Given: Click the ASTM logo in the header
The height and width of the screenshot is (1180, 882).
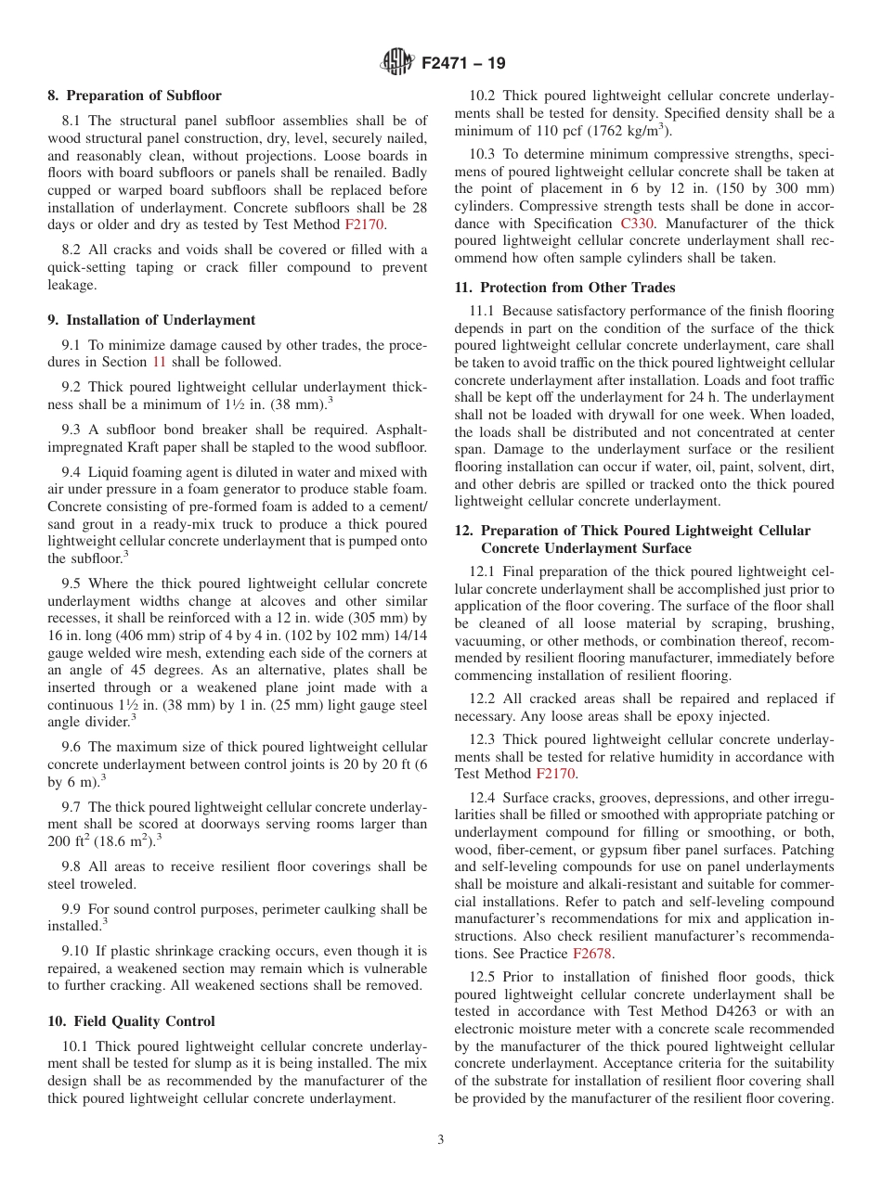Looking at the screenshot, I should click(x=397, y=63).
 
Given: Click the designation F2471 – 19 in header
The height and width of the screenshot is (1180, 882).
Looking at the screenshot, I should click(x=463, y=64).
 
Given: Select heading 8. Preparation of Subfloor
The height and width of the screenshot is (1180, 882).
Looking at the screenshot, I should click(x=135, y=96).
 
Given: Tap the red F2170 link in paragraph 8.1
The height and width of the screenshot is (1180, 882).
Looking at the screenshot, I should click(x=364, y=224).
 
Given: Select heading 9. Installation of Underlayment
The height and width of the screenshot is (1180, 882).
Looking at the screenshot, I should click(x=151, y=320).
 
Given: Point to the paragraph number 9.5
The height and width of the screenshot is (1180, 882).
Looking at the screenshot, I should click(x=72, y=584).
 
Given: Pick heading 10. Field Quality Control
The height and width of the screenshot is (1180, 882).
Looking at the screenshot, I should click(x=131, y=1021).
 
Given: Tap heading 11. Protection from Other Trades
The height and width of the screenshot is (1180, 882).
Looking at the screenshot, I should click(x=564, y=288).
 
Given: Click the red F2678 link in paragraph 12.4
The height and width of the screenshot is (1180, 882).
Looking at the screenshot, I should click(x=591, y=954).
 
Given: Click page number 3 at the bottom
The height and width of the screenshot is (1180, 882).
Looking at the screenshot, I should click(x=441, y=1140).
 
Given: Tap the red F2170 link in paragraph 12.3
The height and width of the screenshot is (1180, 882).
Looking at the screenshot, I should click(x=555, y=774).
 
